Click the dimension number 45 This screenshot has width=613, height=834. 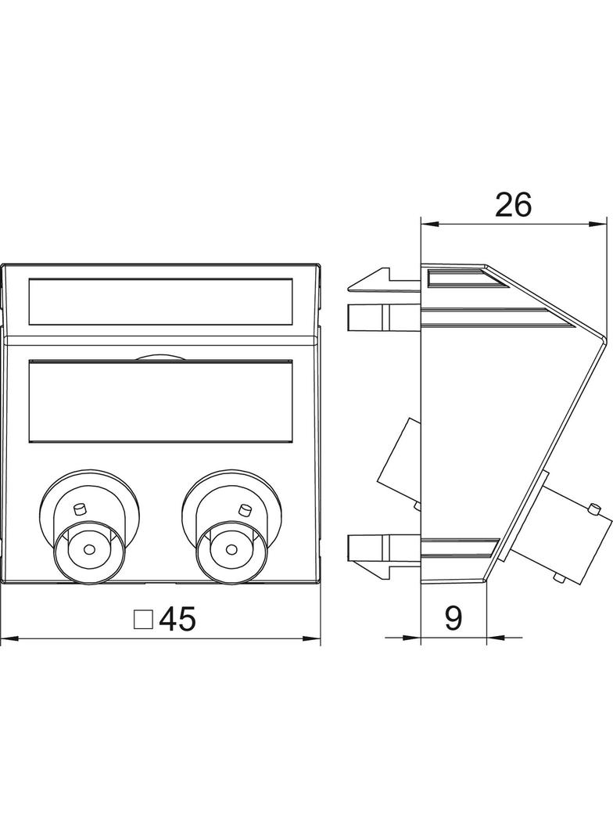[x=177, y=619]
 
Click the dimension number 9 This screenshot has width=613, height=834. [x=453, y=619]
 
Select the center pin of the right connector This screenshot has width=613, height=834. [x=231, y=548]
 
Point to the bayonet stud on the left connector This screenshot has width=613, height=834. [x=80, y=509]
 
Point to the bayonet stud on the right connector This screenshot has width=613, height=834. [x=245, y=509]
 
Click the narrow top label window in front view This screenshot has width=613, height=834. [x=160, y=301]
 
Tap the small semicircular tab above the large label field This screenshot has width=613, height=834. [x=160, y=357]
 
